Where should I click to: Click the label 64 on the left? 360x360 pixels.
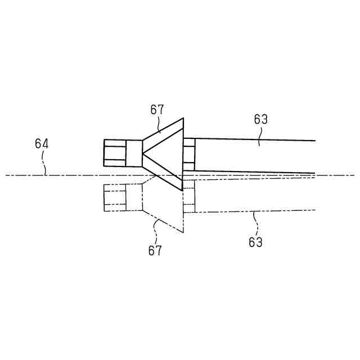pos(42,144)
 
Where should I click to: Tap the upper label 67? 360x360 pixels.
pos(157,110)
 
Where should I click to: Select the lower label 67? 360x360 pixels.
pos(155,250)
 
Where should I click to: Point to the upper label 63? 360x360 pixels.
pos(260,119)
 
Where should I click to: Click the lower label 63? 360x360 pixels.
pos(256,242)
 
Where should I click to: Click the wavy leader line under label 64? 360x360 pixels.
pos(45,163)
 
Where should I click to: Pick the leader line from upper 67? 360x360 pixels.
pos(160,125)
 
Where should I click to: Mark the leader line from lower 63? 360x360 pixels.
pos(256,223)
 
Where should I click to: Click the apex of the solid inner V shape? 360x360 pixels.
pos(143,153)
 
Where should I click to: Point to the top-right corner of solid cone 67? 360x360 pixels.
pos(183,118)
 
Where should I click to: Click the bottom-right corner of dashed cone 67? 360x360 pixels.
pos(183,232)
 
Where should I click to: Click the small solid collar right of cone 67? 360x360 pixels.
pos(189,154)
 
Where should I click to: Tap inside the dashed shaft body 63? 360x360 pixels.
pos(253,194)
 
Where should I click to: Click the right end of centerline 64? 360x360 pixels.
pos(353,175)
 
